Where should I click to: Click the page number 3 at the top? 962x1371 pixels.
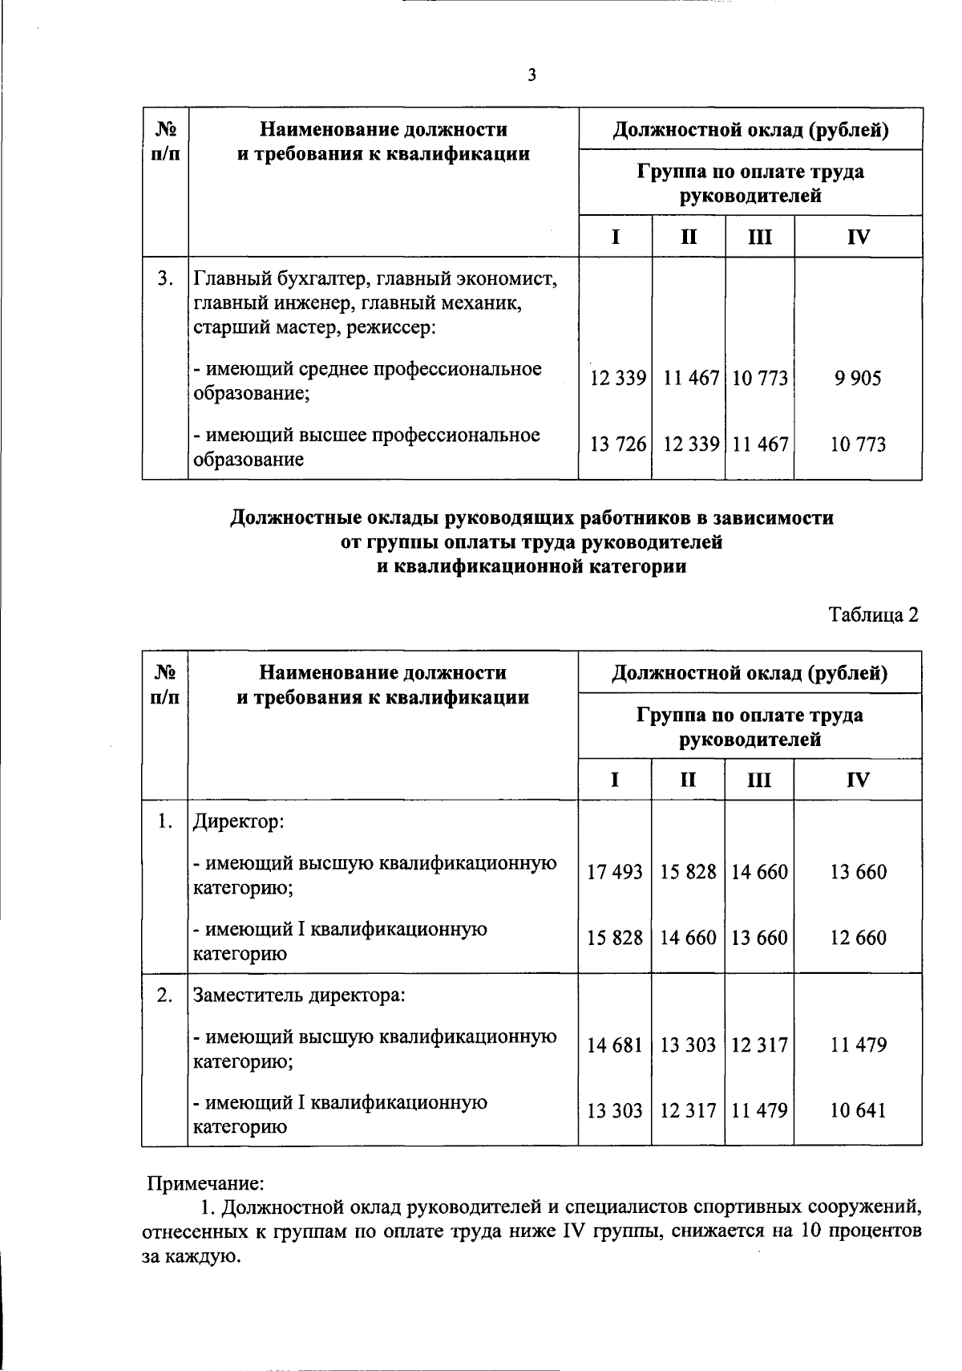[532, 75]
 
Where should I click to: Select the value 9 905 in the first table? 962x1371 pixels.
[857, 378]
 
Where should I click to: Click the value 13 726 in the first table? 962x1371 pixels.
[617, 444]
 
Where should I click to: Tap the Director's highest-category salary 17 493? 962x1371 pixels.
[615, 872]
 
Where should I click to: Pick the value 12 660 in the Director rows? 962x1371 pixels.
[858, 938]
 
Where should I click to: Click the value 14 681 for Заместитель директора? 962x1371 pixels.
[615, 1045]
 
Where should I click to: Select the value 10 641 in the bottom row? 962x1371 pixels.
[858, 1111]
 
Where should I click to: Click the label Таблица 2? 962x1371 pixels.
[872, 615]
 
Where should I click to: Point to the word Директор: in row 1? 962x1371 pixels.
[239, 822]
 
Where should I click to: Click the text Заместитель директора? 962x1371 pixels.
[299, 996]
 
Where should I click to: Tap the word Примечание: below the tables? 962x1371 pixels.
[206, 1183]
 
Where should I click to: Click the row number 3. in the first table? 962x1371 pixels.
[165, 278]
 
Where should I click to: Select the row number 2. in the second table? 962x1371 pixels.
[165, 996]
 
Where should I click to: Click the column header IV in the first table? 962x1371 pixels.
[858, 237]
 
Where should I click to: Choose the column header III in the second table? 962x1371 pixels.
[759, 780]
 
